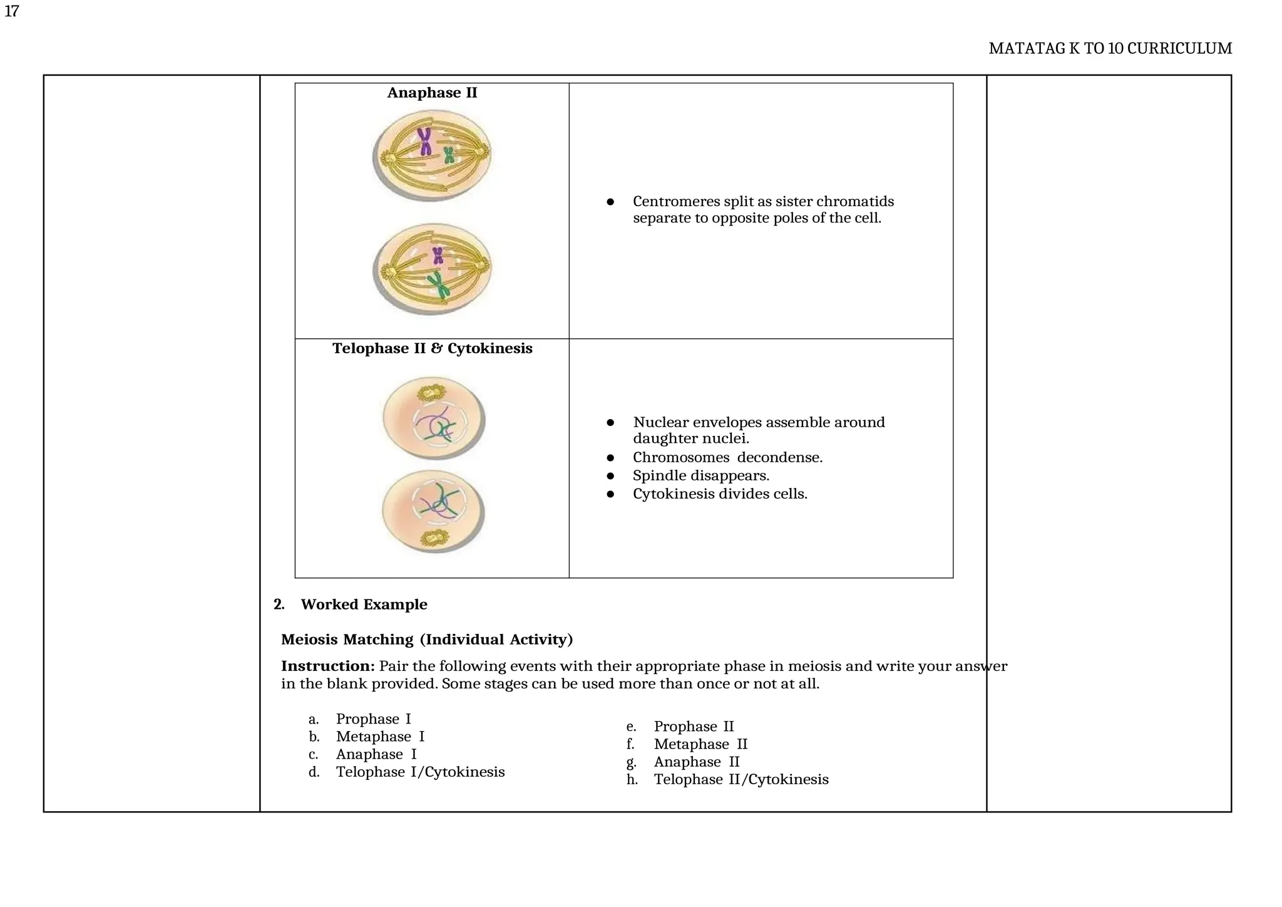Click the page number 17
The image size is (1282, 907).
[11, 11]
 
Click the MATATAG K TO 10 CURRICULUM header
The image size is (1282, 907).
[1110, 49]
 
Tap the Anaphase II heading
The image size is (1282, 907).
[432, 93]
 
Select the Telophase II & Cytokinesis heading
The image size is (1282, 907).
[432, 348]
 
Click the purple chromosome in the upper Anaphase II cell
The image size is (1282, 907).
[426, 141]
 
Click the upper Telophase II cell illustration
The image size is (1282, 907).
[433, 418]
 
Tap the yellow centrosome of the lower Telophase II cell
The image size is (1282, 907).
[433, 537]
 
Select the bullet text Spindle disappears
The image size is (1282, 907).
[700, 475]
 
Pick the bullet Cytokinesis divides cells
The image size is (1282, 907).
[720, 494]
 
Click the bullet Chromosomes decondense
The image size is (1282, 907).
[727, 457]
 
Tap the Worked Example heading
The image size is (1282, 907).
[364, 604]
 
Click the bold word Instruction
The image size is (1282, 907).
[327, 666]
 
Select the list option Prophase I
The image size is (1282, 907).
[373, 719]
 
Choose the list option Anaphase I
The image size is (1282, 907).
[376, 754]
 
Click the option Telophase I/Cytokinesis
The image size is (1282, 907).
[420, 772]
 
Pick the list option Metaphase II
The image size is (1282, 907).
[700, 744]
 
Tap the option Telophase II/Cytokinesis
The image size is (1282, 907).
[741, 779]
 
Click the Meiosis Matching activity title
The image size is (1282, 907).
[427, 640]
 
